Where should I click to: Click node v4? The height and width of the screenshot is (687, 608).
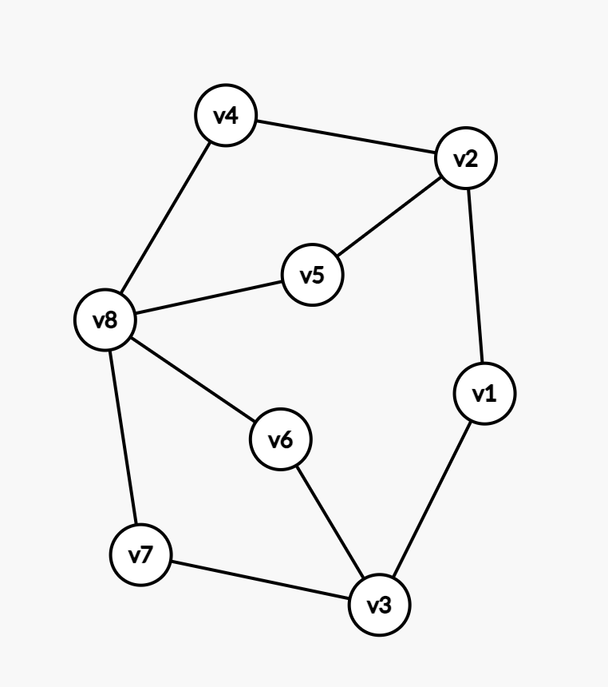226,116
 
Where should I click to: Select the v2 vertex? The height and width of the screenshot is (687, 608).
466,158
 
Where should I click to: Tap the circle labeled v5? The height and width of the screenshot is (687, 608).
313,276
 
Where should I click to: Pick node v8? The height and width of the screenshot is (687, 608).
105,321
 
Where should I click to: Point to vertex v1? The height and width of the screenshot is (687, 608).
484,393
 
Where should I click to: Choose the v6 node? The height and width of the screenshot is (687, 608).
281,439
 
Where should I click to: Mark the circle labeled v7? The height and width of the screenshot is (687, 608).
141,555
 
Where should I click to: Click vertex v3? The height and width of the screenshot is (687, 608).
380,605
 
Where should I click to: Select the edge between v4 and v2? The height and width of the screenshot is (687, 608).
345,137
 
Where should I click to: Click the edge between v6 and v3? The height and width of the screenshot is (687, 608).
330,522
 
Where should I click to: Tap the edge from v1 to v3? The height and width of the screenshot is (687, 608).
432,499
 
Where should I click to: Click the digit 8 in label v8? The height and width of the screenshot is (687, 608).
112,321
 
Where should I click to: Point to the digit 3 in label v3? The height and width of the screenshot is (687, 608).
386,605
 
